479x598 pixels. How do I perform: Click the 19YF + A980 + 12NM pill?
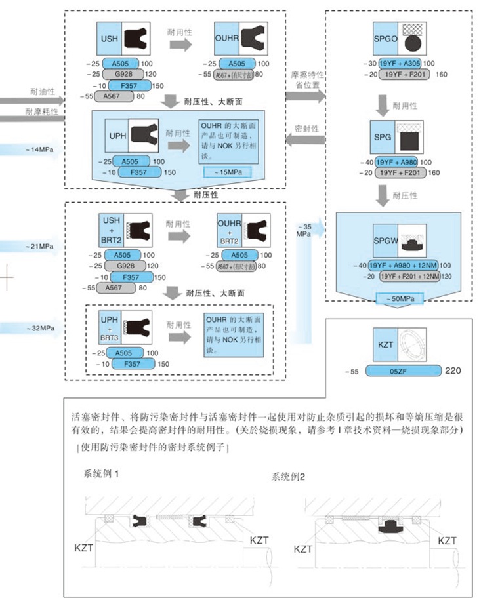tap(403, 265)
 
